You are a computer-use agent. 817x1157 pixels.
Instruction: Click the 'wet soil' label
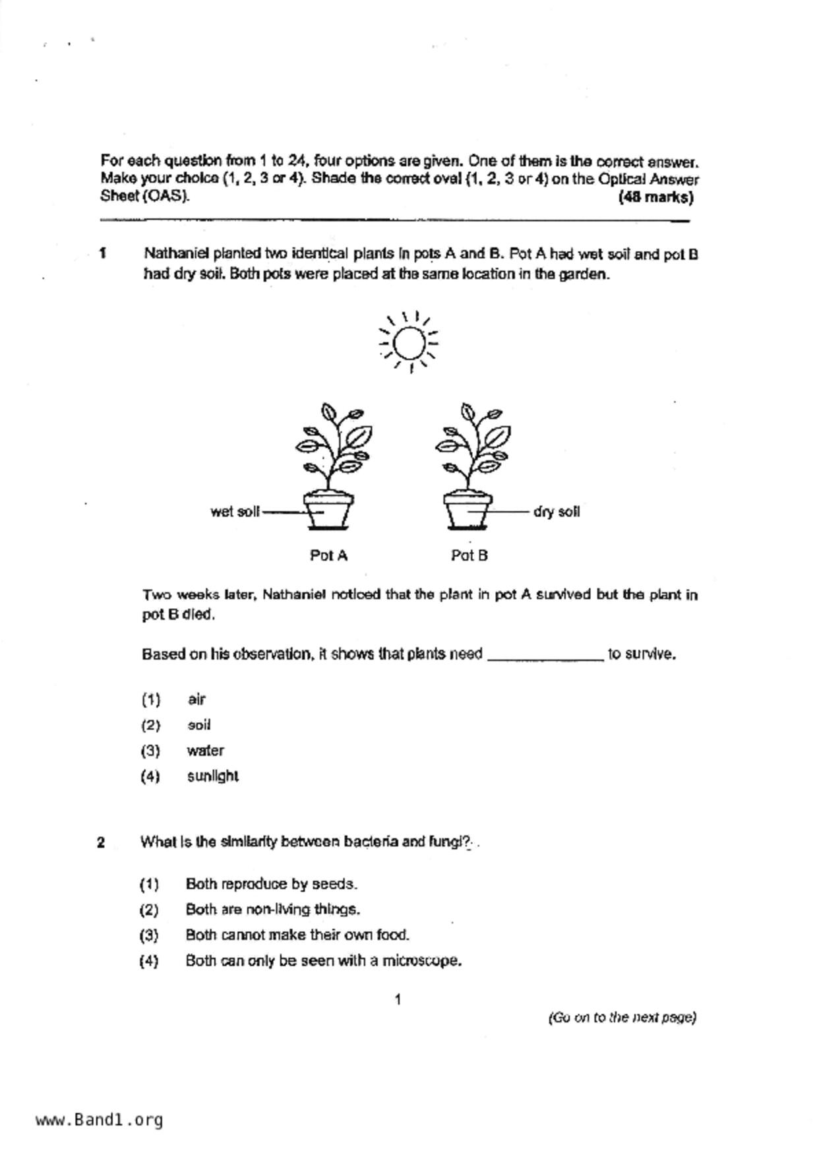tap(235, 512)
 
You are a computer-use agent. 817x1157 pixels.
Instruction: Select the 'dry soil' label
tap(557, 512)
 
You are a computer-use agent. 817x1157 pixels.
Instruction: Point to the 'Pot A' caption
tap(328, 555)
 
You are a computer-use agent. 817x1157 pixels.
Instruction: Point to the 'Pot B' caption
tap(469, 555)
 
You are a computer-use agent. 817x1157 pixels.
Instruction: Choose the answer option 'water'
tap(205, 751)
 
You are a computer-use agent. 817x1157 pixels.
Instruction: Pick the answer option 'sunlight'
tap(212, 776)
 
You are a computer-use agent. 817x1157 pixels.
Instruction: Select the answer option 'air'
tap(197, 699)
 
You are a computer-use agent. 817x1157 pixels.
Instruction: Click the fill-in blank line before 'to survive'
tap(545, 657)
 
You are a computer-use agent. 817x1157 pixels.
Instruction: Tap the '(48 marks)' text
tap(655, 197)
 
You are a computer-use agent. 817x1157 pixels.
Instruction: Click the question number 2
tap(101, 842)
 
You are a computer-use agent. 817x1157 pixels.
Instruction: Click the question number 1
tap(103, 253)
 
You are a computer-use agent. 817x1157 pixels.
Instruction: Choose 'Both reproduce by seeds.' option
tap(271, 884)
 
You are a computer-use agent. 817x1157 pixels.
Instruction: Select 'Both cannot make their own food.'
tap(297, 935)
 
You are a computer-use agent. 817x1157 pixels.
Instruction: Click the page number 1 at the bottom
tap(398, 1000)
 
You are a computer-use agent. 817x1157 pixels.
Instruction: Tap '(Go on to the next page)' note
tap(622, 1017)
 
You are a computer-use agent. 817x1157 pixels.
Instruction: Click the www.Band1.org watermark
tap(99, 1119)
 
